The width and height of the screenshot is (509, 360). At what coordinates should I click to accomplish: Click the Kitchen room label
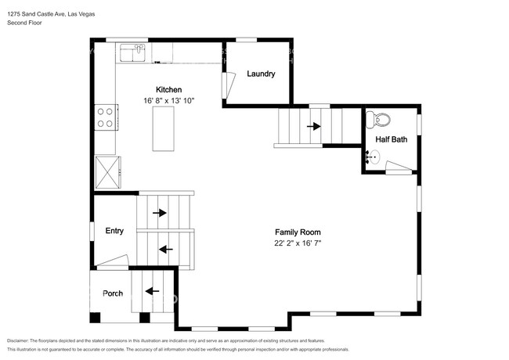pyautogui.click(x=168, y=90)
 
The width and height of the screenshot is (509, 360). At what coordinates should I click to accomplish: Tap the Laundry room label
pyautogui.click(x=261, y=74)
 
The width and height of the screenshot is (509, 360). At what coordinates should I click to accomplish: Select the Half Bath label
pyautogui.click(x=392, y=139)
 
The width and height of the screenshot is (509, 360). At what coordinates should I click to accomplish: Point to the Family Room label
pyautogui.click(x=298, y=232)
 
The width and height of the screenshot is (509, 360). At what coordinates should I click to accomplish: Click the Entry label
pyautogui.click(x=114, y=231)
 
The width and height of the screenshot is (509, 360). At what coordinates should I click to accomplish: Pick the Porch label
pyautogui.click(x=113, y=293)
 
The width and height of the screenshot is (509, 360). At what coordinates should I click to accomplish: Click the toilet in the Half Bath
pyautogui.click(x=378, y=120)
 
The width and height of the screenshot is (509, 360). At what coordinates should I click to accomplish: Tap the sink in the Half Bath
pyautogui.click(x=373, y=157)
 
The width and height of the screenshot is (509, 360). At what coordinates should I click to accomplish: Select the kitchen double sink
pyautogui.click(x=133, y=53)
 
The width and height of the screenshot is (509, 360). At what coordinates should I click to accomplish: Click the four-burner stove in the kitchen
pyautogui.click(x=106, y=117)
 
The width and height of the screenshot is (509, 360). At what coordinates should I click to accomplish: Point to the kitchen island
pyautogui.click(x=164, y=129)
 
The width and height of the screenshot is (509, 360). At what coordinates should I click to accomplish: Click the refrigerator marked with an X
pyautogui.click(x=107, y=172)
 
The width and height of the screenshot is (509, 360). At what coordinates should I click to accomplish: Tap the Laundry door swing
pyautogui.click(x=229, y=85)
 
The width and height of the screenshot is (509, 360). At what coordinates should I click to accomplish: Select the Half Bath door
pyautogui.click(x=399, y=167)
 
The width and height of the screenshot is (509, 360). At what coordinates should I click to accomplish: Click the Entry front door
pyautogui.click(x=113, y=262)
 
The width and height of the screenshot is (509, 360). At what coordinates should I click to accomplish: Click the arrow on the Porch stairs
pyautogui.click(x=152, y=291)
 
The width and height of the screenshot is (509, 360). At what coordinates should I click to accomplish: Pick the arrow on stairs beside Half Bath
pyautogui.click(x=314, y=126)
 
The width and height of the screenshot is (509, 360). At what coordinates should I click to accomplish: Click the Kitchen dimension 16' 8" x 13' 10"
pyautogui.click(x=169, y=101)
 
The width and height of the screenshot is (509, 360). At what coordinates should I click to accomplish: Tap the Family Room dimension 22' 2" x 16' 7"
pyautogui.click(x=298, y=243)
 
